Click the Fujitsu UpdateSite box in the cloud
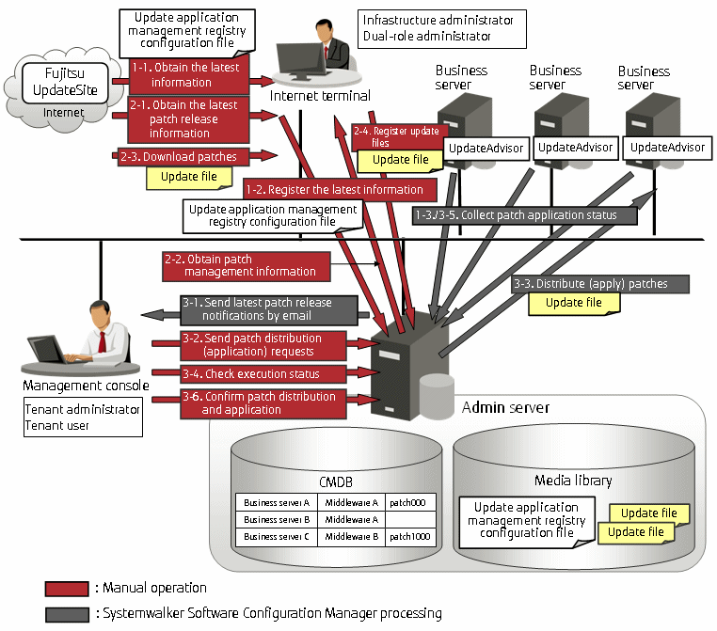[x=65, y=83]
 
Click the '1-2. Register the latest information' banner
[x=340, y=190]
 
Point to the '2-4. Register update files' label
[x=397, y=136]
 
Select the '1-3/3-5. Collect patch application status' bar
[x=524, y=215]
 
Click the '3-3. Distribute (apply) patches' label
[x=600, y=284]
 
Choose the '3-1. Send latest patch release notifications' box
[x=269, y=309]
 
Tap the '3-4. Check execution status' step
[x=263, y=373]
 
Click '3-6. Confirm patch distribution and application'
[x=263, y=403]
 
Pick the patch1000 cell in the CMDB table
[x=410, y=536]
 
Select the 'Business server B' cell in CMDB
[x=277, y=519]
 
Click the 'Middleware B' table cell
[x=352, y=536]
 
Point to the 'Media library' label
[x=573, y=481]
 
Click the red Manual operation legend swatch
[x=67, y=589]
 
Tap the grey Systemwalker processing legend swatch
[x=67, y=615]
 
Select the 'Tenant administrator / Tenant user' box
[x=83, y=417]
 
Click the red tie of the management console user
[x=103, y=341]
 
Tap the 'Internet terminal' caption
[x=320, y=96]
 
